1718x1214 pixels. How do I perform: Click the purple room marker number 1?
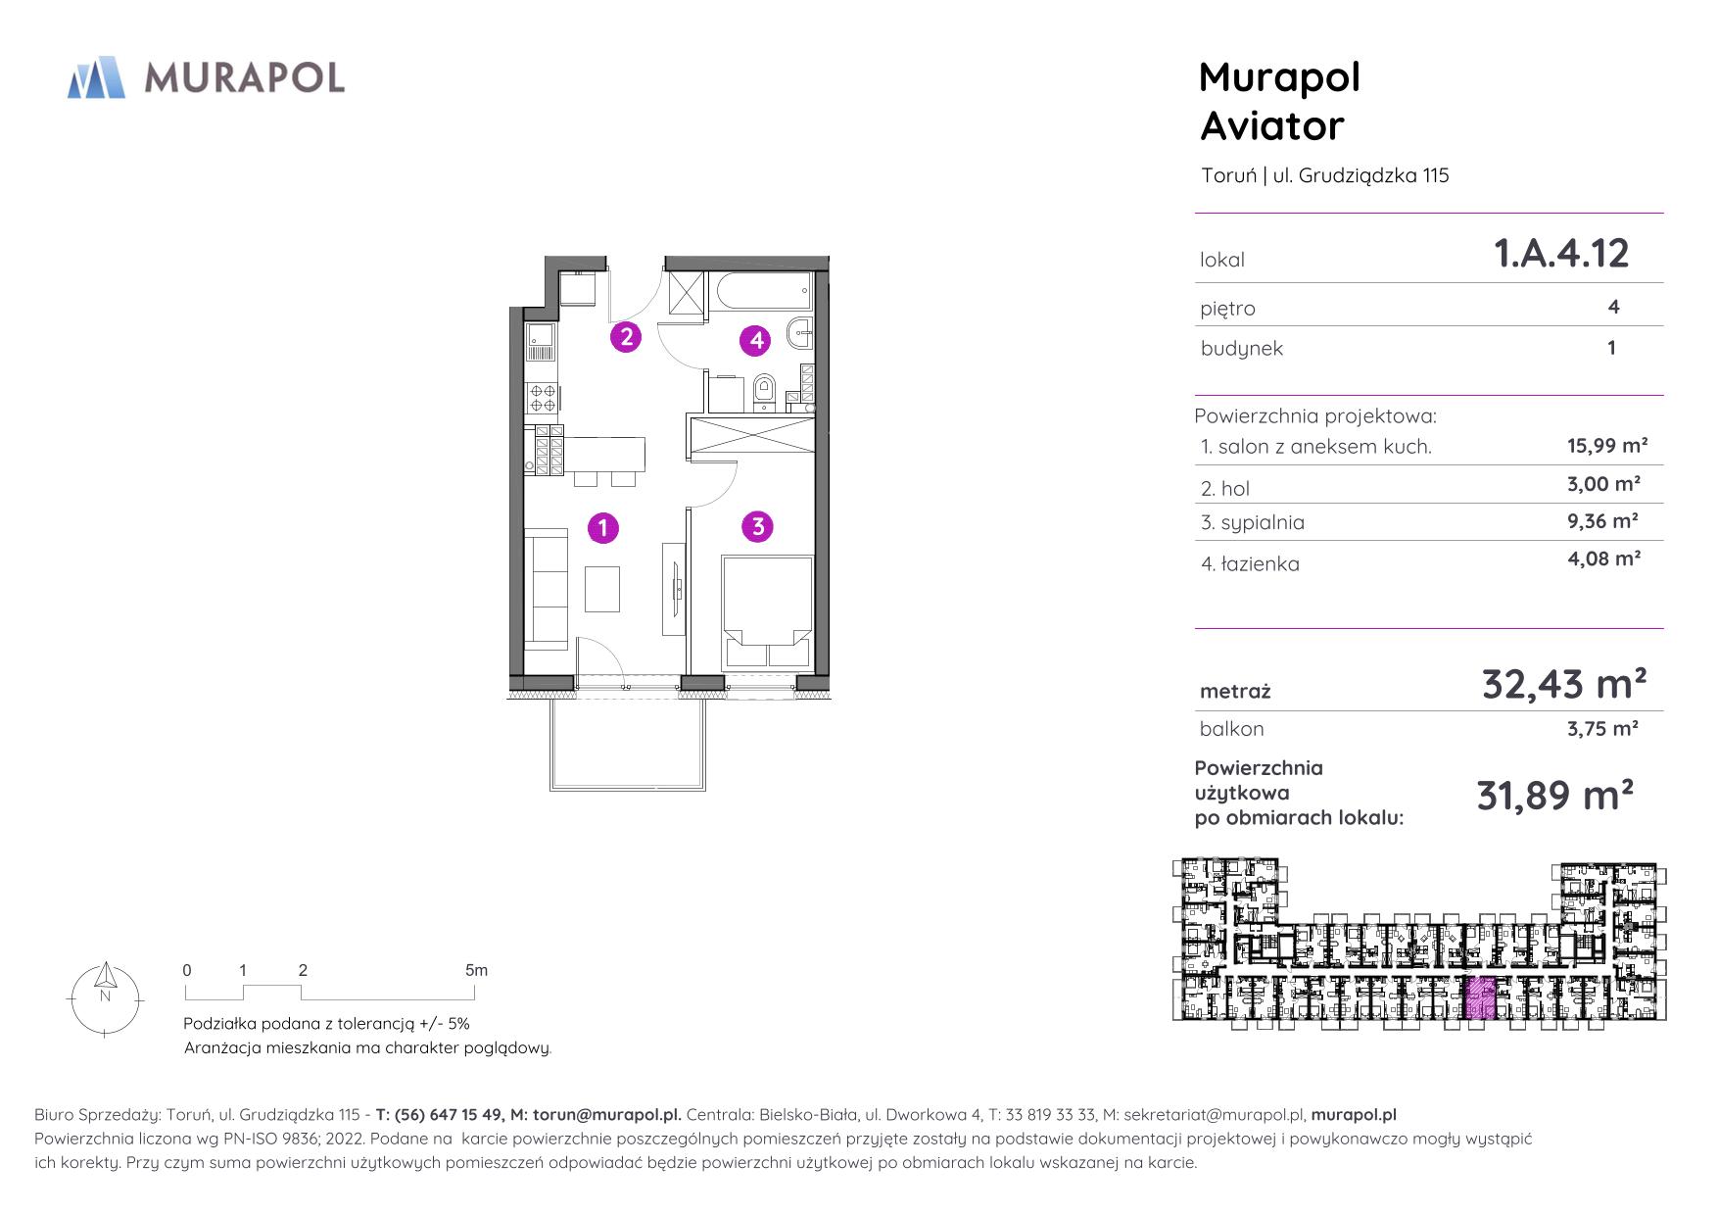pyautogui.click(x=603, y=528)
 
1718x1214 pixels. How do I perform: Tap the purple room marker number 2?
pyautogui.click(x=626, y=337)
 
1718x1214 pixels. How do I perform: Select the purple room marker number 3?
pyautogui.click(x=757, y=526)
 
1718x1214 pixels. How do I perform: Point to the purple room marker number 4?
pyautogui.click(x=756, y=340)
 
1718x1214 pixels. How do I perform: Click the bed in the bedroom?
pyautogui.click(x=767, y=613)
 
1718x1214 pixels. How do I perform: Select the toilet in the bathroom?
pyautogui.click(x=762, y=391)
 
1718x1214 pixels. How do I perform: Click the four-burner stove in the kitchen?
pyautogui.click(x=543, y=396)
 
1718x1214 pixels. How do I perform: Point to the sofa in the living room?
pyautogui.click(x=547, y=588)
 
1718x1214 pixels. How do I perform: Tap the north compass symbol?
pyautogui.click(x=105, y=997)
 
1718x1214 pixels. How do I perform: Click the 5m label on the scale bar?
pyautogui.click(x=476, y=971)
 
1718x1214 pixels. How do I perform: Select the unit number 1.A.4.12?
pyautogui.click(x=1561, y=254)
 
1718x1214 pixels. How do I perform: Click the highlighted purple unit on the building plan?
pyautogui.click(x=1480, y=998)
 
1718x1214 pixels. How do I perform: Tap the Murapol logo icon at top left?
pyautogui.click(x=96, y=77)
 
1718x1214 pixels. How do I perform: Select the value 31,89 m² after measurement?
pyautogui.click(x=1554, y=796)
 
